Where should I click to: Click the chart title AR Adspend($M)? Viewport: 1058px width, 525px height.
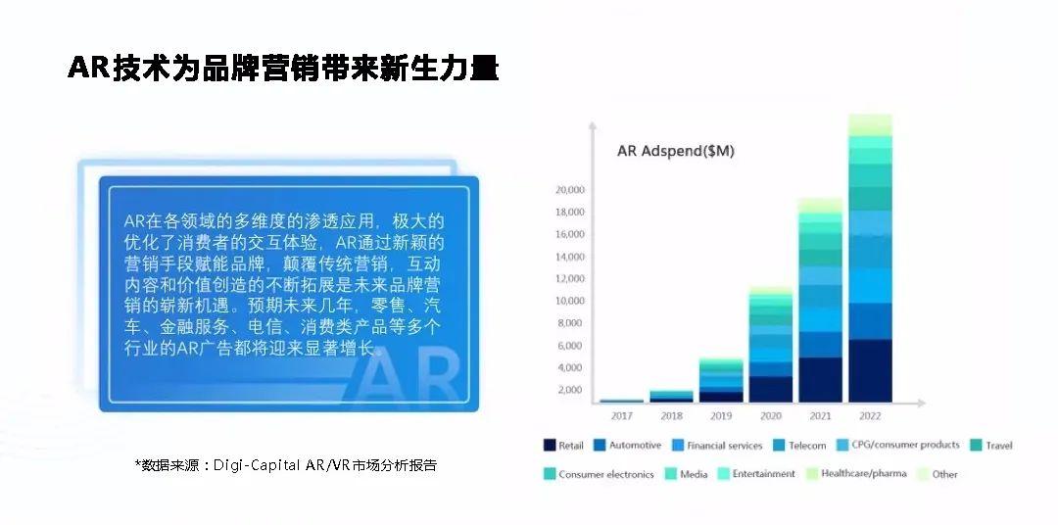click(675, 151)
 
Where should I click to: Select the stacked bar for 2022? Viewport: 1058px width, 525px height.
click(871, 259)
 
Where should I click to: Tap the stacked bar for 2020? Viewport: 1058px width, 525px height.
click(771, 344)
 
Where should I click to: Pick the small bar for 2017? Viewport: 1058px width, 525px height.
click(621, 401)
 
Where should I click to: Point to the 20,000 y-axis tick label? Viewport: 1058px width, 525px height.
click(570, 190)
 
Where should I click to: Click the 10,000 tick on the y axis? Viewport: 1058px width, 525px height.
click(570, 301)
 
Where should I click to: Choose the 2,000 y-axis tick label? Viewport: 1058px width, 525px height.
click(571, 390)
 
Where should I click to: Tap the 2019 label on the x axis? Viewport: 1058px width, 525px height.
click(721, 415)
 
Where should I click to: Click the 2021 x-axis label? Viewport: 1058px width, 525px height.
click(821, 415)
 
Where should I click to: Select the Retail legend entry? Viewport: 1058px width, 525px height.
click(563, 446)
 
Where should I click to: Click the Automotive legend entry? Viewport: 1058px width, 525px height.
click(628, 446)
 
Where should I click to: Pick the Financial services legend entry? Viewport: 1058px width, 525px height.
click(716, 446)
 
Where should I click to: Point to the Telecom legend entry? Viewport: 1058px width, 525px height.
click(799, 446)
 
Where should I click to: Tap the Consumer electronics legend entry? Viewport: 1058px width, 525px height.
click(599, 474)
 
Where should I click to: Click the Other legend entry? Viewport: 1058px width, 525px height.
click(938, 474)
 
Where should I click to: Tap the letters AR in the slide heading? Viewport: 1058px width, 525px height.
click(88, 68)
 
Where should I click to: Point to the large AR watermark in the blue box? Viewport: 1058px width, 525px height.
click(409, 377)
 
